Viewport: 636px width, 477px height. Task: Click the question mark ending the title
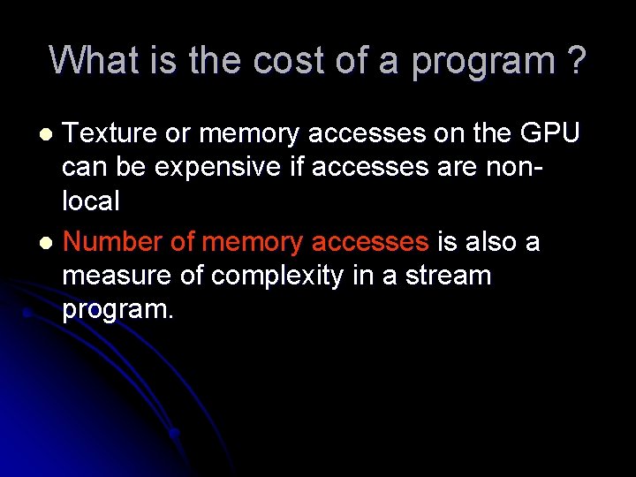click(576, 61)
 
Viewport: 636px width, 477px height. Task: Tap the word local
click(90, 201)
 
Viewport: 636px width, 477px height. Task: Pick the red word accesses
click(370, 243)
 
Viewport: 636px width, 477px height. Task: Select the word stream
click(446, 276)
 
